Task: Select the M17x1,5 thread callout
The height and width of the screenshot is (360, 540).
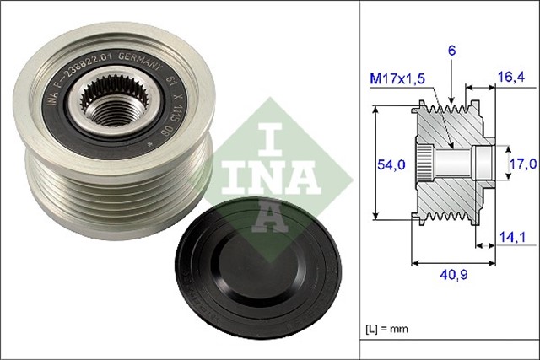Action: pos(399,78)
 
